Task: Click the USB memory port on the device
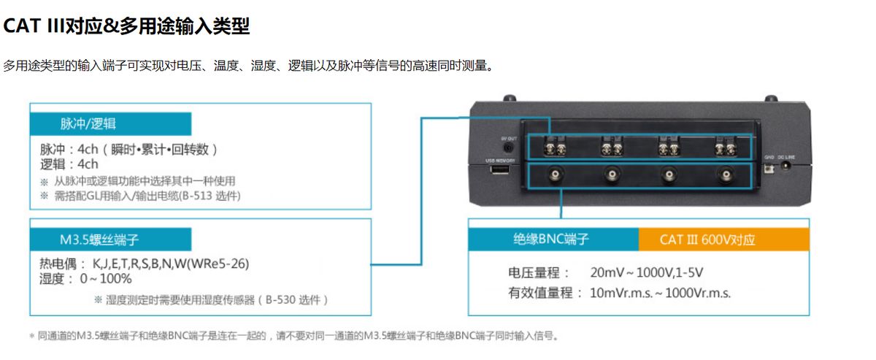tap(499, 170)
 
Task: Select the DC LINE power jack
tap(787, 165)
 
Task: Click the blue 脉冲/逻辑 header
tap(110, 123)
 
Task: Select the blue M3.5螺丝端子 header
tap(110, 240)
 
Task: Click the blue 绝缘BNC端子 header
tap(553, 240)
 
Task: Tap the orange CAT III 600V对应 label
tap(723, 240)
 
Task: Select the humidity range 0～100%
tap(106, 278)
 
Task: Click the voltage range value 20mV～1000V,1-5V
tap(646, 273)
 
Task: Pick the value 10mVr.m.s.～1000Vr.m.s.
tap(660, 293)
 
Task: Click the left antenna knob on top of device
tap(510, 97)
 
